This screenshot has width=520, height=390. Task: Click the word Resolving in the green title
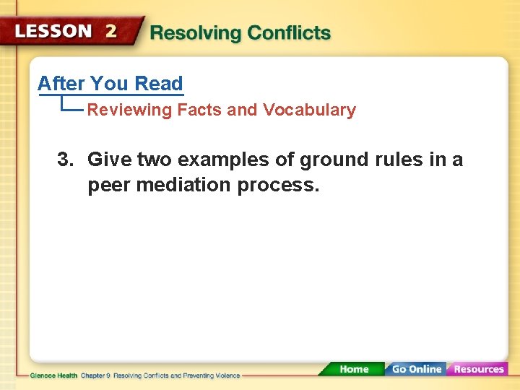point(194,33)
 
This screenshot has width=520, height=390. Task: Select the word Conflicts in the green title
point(289,33)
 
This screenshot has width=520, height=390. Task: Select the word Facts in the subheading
point(200,110)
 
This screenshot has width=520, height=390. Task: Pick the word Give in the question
point(110,160)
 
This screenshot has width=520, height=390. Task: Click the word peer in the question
point(108,185)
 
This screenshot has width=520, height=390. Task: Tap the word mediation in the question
point(183,185)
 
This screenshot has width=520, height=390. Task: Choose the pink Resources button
point(478,369)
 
